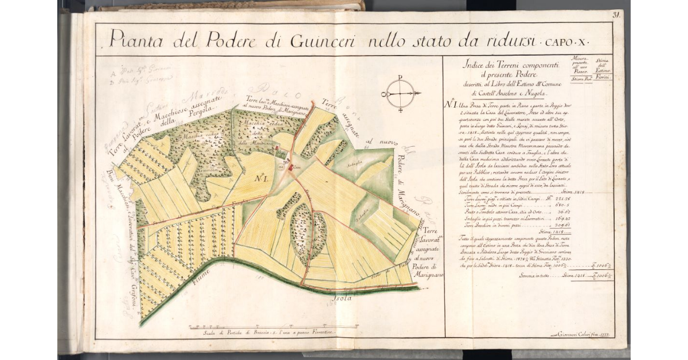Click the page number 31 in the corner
617,15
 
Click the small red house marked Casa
290,167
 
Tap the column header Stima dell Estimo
603,66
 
